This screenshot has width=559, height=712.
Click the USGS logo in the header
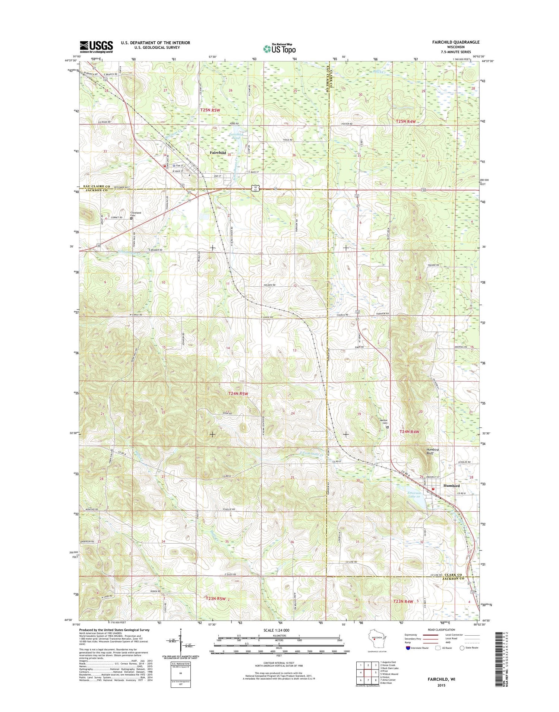click(x=96, y=46)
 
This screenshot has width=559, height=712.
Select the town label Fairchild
click(x=217, y=153)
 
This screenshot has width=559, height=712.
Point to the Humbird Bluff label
click(x=432, y=452)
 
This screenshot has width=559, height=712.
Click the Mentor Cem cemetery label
click(x=383, y=422)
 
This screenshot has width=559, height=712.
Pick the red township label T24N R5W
click(x=238, y=393)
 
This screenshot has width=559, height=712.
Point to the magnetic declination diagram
click(x=180, y=642)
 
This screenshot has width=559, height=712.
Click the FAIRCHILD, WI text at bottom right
click(x=441, y=679)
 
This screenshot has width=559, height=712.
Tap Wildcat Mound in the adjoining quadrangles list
click(x=390, y=674)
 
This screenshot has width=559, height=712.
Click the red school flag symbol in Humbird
click(x=433, y=489)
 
